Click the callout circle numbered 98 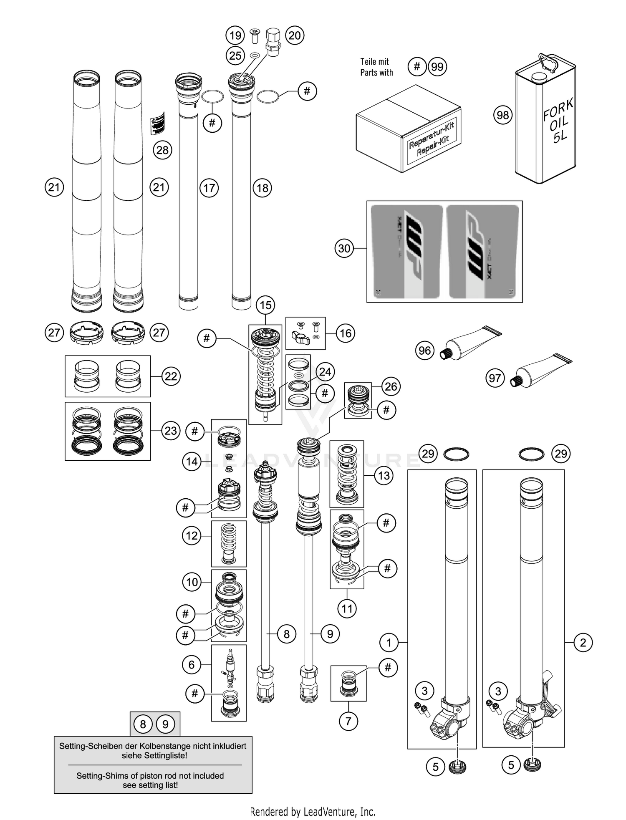coord(503,115)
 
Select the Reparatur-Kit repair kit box coord(408,129)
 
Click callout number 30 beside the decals coord(344,248)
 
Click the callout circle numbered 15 coord(266,305)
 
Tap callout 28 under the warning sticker coord(162,150)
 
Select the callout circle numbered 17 coord(209,188)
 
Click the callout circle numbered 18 coord(262,188)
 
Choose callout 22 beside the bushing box coord(171,376)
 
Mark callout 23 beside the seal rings coord(171,431)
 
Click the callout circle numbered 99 coord(437,67)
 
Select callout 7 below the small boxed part coord(348,721)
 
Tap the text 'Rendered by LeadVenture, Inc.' coord(313,811)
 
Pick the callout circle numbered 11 coord(347,609)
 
